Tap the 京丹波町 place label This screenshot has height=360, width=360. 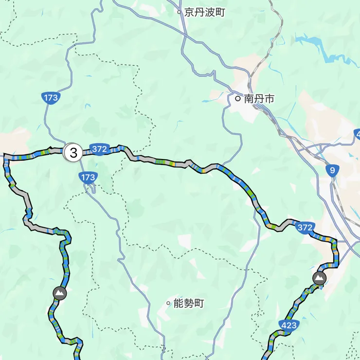[x=204, y=12]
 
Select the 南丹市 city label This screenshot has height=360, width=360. [x=259, y=99]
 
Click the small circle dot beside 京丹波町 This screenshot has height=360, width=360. [x=179, y=12]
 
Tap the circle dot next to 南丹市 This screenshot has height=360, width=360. [x=238, y=99]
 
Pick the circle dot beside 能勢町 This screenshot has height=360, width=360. [x=168, y=304]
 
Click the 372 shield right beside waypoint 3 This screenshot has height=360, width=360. [x=99, y=149]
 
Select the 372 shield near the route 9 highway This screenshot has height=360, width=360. [x=305, y=227]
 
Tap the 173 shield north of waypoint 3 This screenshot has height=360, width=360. [x=51, y=98]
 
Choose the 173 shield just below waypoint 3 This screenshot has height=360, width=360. [x=89, y=178]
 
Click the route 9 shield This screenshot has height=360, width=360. [x=332, y=170]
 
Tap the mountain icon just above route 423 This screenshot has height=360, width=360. [x=320, y=279]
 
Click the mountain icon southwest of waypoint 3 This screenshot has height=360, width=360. [x=60, y=293]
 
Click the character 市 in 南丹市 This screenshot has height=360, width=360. [x=269, y=99]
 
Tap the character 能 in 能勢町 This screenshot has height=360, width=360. [x=178, y=304]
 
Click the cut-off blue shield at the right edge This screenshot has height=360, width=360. [x=357, y=134]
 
